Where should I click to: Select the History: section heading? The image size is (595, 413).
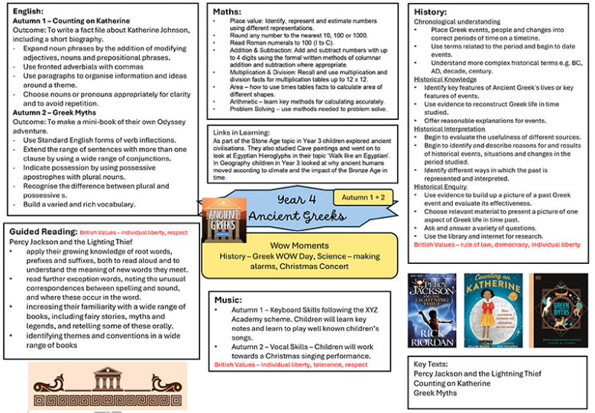(431, 12)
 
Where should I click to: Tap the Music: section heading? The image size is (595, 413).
(228, 299)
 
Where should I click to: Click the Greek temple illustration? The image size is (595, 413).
(108, 385)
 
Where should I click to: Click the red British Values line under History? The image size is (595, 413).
(496, 245)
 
